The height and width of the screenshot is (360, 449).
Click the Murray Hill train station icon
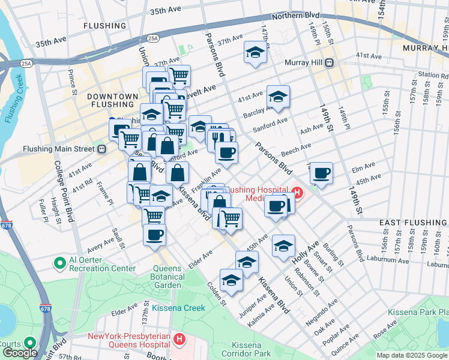click(329, 63)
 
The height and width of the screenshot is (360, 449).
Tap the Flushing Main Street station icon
click(102, 149)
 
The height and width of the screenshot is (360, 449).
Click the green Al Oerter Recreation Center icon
click(59, 263)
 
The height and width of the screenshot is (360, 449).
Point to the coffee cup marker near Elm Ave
click(322, 173)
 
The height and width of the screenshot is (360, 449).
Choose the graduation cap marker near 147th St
click(255, 52)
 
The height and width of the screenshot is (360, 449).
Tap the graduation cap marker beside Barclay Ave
click(278, 96)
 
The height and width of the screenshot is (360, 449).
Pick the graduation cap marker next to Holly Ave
click(284, 245)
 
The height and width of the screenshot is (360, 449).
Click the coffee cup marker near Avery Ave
click(154, 235)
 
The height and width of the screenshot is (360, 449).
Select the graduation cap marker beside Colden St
click(232, 280)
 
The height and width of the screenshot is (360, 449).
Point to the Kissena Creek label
click(178, 308)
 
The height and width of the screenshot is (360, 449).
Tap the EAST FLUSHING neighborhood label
click(413, 223)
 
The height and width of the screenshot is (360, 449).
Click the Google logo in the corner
click(19, 353)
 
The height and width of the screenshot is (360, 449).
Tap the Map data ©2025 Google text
click(412, 355)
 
